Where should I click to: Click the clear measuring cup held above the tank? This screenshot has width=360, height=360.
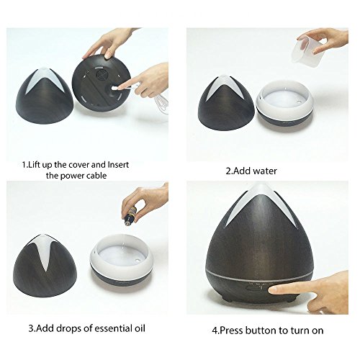pos(303,50)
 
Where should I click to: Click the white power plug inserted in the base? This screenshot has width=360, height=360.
pos(114,89)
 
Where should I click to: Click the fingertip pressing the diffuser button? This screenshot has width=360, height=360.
pos(273,290)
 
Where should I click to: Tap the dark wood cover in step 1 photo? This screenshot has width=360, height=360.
pos(45,96)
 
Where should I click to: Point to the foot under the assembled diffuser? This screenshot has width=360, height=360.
pos(226,300)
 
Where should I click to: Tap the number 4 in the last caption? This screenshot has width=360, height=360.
pos(215,330)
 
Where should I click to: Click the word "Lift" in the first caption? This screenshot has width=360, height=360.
pos(35,165)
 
